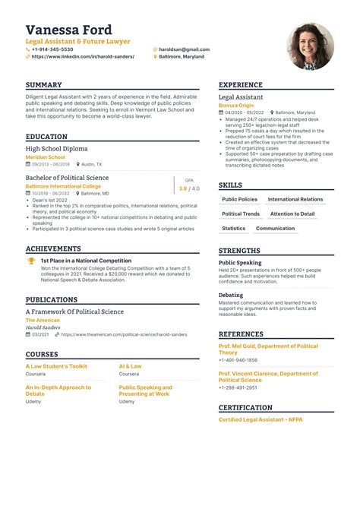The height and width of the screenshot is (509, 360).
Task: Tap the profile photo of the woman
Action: point(310,46)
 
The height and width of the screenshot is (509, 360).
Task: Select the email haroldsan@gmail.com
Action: point(183,49)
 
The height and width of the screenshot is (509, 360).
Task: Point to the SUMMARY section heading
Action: point(43,85)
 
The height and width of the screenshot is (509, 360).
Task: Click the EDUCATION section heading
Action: point(46,137)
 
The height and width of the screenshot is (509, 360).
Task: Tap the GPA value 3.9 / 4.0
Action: point(189,188)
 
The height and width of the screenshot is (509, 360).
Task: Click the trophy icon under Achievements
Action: point(31,261)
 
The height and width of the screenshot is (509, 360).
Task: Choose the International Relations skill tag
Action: point(295,200)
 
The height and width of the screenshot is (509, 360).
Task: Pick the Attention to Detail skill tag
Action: point(292,214)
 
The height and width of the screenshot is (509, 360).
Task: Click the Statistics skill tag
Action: point(233,229)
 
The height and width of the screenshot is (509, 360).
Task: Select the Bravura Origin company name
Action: point(238,105)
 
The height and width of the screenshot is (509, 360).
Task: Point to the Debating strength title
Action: point(231,295)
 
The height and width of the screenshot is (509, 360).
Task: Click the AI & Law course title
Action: point(130,366)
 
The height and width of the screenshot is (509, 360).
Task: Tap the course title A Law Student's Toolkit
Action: point(56,366)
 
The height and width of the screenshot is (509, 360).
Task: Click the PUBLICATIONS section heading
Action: point(52,300)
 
